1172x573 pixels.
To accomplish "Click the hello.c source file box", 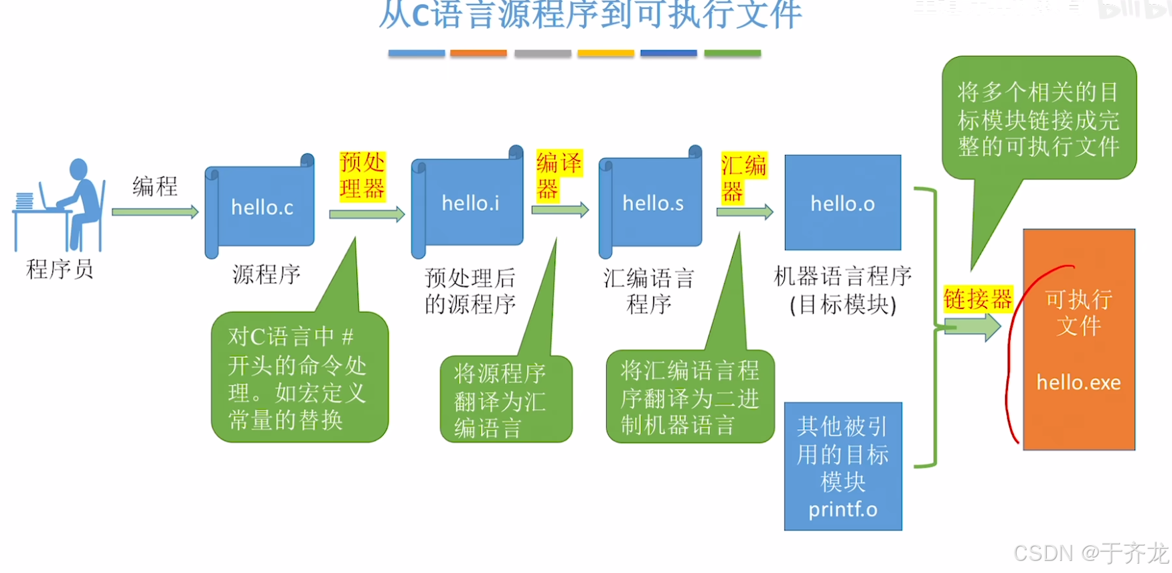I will pos(261,208).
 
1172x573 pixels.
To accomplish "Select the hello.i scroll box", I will pos(469,203).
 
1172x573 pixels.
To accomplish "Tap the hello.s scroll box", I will pos(652,203).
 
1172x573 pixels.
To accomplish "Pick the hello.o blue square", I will pos(843,203).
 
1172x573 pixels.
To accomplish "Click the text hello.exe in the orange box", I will pos(1078,382).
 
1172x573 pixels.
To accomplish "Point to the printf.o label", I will pos(843,509).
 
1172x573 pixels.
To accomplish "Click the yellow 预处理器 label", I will pos(362,175).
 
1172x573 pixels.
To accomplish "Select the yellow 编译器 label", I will pos(558,175).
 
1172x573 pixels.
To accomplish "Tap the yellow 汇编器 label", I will pos(743,178).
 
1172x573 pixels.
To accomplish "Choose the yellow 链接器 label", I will pos(978,299).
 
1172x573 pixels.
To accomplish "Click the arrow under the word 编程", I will pos(155,212).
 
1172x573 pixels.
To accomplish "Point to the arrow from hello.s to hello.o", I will pos(744,212).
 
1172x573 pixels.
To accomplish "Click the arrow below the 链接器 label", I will pos(972,327).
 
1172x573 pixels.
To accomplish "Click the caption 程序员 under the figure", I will pos(60,269).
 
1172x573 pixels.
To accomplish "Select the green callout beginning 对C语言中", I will pos(299,378).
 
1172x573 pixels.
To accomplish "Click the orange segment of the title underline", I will pos(478,53).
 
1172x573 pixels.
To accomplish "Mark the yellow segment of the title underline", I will pos(605,53).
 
